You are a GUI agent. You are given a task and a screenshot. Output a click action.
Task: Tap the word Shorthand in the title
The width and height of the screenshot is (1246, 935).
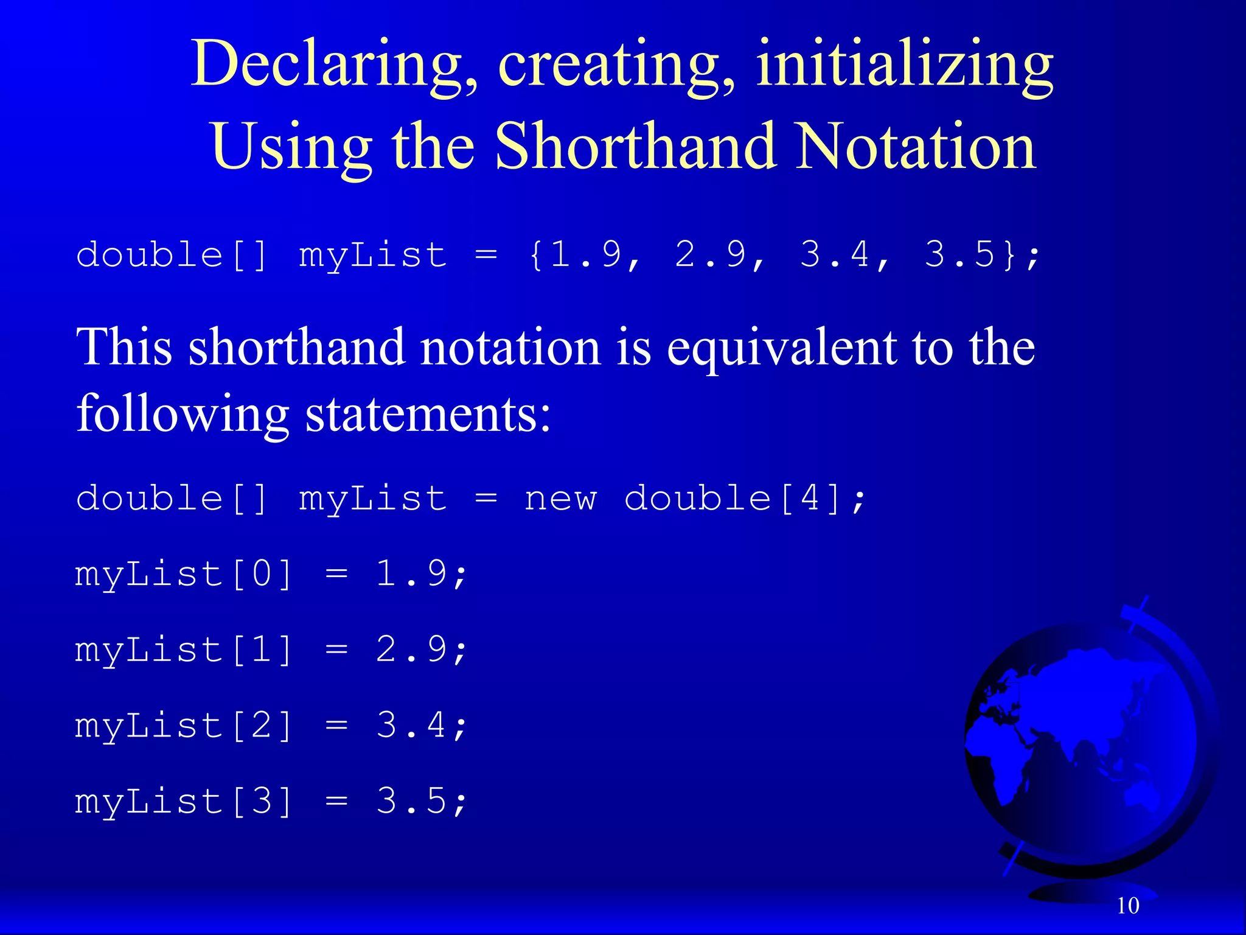pyautogui.click(x=635, y=146)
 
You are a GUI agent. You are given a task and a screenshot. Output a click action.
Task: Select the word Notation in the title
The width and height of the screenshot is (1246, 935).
pyautogui.click(x=916, y=146)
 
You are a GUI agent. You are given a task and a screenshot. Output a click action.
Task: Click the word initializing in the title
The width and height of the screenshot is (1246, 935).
pyautogui.click(x=904, y=65)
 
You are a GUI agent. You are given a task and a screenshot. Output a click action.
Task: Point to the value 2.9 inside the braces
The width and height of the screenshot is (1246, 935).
pyautogui.click(x=710, y=254)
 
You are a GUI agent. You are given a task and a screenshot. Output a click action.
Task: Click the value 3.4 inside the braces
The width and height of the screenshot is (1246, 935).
pyautogui.click(x=835, y=254)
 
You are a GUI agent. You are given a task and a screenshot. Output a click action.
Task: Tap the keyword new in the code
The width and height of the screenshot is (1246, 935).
pyautogui.click(x=560, y=499)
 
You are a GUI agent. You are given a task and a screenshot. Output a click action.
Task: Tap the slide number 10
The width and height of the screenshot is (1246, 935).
pyautogui.click(x=1127, y=906)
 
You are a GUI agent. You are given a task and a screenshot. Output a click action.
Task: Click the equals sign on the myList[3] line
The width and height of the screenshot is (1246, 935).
pyautogui.click(x=336, y=802)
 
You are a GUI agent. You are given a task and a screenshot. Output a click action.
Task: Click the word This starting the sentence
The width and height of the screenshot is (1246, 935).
pyautogui.click(x=125, y=347)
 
